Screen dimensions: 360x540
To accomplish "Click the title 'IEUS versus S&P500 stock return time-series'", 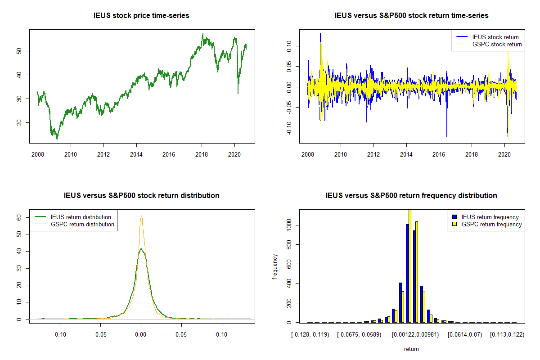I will (411, 16).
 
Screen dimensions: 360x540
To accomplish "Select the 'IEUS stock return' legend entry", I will (495, 37).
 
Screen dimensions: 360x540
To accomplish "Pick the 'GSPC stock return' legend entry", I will (497, 44).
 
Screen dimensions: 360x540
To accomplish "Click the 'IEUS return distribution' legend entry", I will (81, 217).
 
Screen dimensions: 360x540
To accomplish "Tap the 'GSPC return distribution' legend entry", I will (82, 224).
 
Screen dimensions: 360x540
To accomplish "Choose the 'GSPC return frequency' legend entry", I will (491, 224).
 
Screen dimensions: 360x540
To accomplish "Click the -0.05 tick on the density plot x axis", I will (100, 334).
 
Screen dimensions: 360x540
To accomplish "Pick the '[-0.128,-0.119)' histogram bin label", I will (311, 335).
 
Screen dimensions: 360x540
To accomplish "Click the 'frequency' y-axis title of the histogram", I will (275, 266).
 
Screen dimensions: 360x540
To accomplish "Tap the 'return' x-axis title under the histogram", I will (411, 349).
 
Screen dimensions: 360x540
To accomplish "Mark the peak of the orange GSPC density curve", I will (141, 216).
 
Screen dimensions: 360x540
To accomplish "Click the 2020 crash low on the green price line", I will (238, 93).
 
